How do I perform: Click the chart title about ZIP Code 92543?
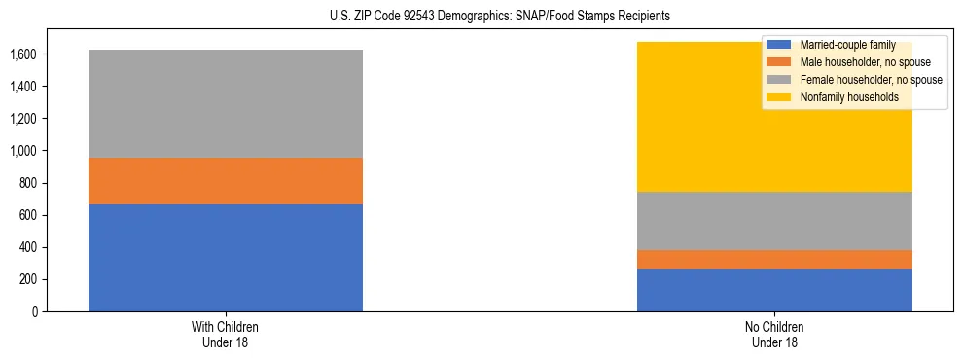tap(481, 17)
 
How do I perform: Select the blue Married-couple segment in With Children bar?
tap(225, 258)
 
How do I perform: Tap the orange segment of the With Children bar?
tap(225, 181)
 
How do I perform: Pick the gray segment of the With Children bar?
tap(225, 103)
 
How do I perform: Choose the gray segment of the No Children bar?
tap(774, 221)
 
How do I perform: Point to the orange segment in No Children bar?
tap(774, 259)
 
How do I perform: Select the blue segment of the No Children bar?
tap(774, 290)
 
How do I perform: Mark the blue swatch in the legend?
tap(779, 45)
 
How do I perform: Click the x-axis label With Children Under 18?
tap(225, 334)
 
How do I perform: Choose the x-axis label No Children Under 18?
tap(774, 334)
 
